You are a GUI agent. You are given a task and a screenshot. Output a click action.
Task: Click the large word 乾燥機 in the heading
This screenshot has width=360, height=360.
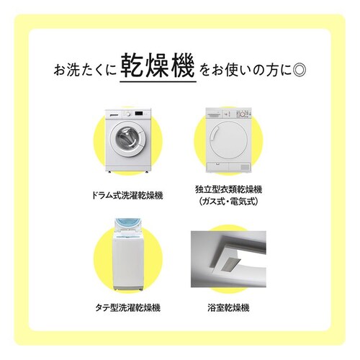click(x=158, y=66)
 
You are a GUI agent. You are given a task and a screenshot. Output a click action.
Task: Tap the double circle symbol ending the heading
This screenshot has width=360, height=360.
click(x=300, y=70)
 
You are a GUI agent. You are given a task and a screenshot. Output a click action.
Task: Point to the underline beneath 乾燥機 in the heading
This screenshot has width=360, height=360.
click(x=158, y=81)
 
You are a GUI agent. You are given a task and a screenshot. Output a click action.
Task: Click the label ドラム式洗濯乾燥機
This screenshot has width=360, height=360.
click(x=127, y=196)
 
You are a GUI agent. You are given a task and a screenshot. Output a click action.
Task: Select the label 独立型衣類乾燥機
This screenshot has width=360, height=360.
click(x=228, y=189)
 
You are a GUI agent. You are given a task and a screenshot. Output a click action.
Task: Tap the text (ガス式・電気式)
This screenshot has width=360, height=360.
click(x=228, y=202)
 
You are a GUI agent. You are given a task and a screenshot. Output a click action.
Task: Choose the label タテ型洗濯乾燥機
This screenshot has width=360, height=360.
click(x=127, y=307)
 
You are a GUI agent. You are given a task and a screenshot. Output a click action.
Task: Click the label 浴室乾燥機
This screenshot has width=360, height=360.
click(x=228, y=307)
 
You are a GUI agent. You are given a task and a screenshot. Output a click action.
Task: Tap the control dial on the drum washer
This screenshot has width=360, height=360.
click(x=128, y=114)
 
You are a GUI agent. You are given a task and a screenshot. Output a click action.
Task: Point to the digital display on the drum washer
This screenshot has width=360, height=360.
click(x=139, y=114)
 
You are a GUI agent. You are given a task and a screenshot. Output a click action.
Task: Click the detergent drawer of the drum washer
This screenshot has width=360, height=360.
click(x=114, y=114)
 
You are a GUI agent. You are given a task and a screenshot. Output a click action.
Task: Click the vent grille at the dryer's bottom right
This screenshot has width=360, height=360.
click(x=245, y=167)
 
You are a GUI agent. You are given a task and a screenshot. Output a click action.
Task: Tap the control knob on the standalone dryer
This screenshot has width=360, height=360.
click(x=243, y=114)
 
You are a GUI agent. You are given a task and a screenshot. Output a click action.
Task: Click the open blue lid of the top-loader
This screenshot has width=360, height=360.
click(x=127, y=225)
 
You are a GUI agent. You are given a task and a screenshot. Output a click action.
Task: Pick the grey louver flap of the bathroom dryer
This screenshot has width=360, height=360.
click(x=231, y=264)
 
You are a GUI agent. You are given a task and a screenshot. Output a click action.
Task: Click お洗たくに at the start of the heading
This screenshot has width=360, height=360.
click(x=84, y=70)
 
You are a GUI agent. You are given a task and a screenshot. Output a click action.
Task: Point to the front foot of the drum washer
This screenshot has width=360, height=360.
click(x=110, y=172)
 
